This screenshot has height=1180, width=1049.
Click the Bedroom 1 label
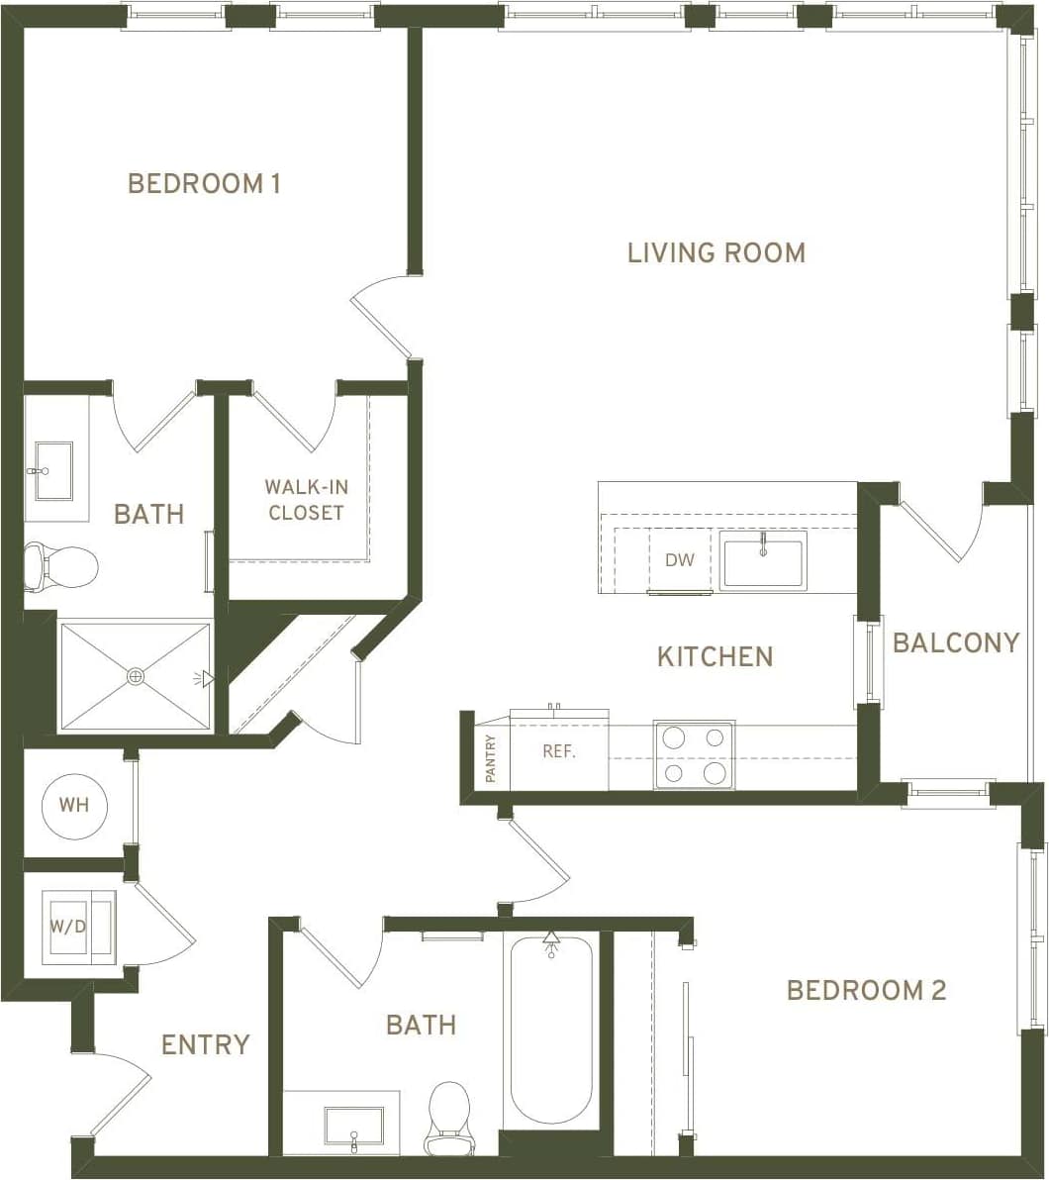click(x=204, y=184)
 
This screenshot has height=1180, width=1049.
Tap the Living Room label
click(x=716, y=252)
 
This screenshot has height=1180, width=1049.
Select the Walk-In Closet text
click(x=305, y=500)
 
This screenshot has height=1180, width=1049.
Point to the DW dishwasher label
click(x=679, y=560)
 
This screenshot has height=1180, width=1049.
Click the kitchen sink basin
click(x=762, y=560)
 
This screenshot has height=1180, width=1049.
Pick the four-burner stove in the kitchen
click(x=694, y=754)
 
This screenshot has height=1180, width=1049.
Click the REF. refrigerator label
click(x=559, y=751)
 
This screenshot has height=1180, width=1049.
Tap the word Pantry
click(x=491, y=758)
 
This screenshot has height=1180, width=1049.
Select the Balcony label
click(x=956, y=643)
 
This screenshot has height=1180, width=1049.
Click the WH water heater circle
click(x=74, y=805)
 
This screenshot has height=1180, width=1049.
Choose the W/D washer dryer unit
click(x=79, y=928)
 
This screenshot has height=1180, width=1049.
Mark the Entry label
click(x=206, y=1044)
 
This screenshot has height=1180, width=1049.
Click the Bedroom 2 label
click(x=866, y=990)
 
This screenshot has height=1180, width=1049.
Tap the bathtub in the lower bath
click(x=551, y=1030)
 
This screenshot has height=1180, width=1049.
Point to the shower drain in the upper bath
click(x=136, y=677)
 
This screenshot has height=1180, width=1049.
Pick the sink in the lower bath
click(x=353, y=1126)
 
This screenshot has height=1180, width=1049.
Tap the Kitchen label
click(x=715, y=656)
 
